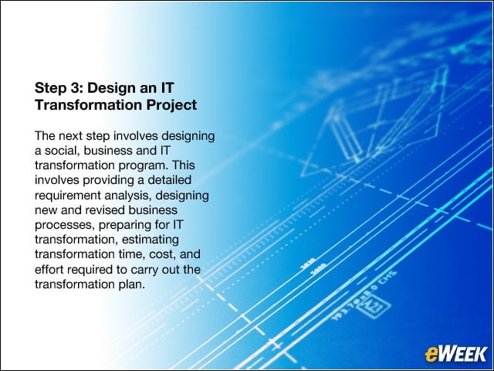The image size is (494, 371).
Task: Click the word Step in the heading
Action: (49, 88)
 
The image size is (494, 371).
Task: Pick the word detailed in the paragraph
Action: (170, 180)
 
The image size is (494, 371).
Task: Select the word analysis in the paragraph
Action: (128, 196)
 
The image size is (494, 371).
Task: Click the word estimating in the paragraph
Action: (151, 240)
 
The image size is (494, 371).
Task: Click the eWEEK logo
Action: (456, 354)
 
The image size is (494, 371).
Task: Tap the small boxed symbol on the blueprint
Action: (374, 304)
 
